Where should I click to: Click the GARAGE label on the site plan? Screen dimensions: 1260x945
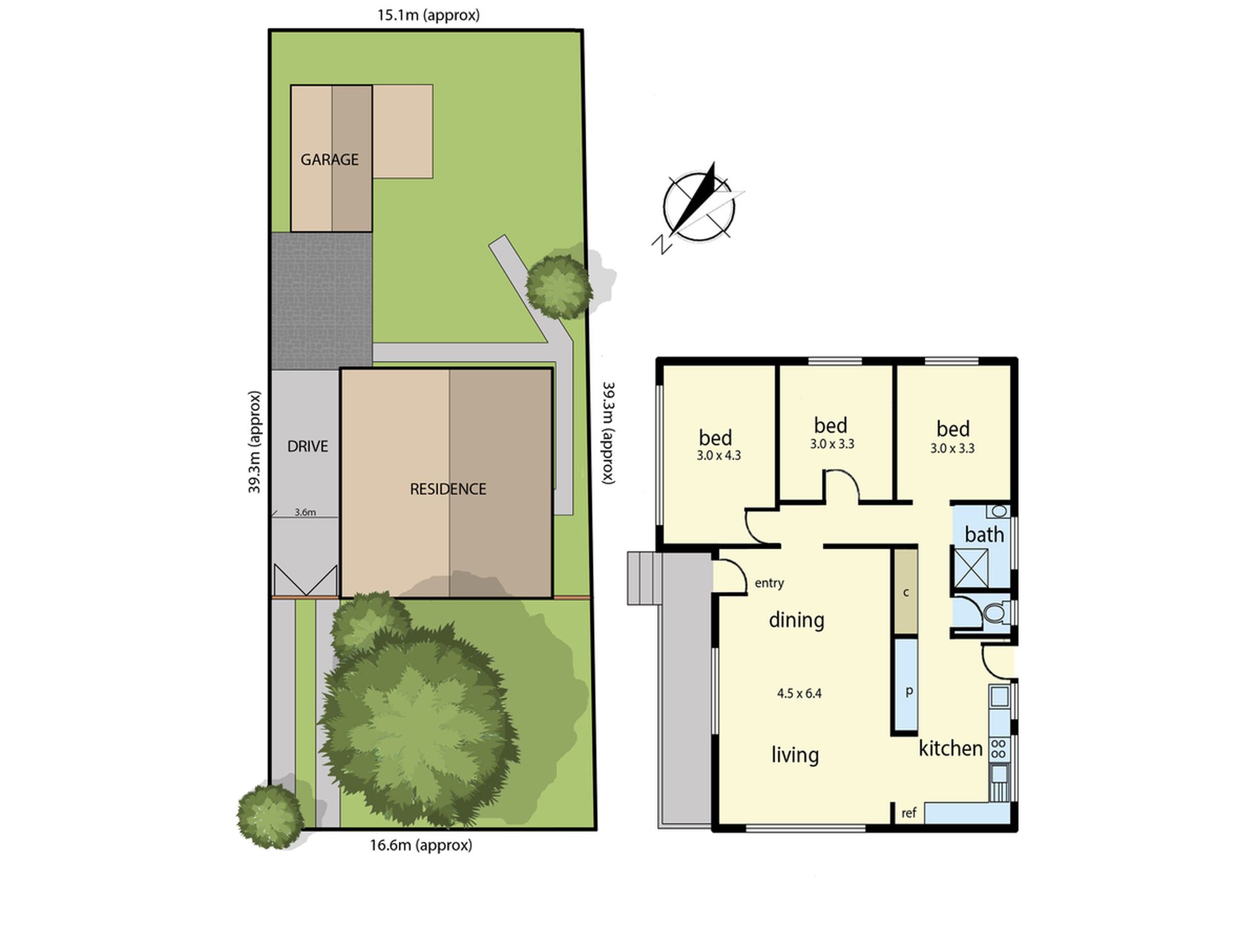pyautogui.click(x=329, y=159)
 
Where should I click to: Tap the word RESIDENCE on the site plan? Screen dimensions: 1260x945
pyautogui.click(x=448, y=489)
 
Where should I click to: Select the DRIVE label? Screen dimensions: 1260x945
pyautogui.click(x=307, y=446)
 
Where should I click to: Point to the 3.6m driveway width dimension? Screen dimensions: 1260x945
pyautogui.click(x=305, y=512)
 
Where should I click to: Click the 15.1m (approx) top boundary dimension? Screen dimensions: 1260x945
pyautogui.click(x=428, y=15)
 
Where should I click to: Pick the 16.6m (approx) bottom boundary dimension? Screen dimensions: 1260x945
pyautogui.click(x=421, y=845)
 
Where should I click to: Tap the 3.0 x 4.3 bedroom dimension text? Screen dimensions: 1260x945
pyautogui.click(x=719, y=455)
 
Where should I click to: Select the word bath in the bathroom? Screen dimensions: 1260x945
pyautogui.click(x=984, y=534)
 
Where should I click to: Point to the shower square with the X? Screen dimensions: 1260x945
pyautogui.click(x=970, y=568)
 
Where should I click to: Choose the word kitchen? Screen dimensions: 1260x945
pyautogui.click(x=951, y=748)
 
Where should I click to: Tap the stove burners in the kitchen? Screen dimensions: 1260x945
pyautogui.click(x=999, y=749)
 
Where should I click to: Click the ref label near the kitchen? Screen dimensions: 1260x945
pyautogui.click(x=908, y=813)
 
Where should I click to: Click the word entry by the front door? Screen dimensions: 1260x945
pyautogui.click(x=769, y=583)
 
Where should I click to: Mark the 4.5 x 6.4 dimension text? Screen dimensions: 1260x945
pyautogui.click(x=799, y=694)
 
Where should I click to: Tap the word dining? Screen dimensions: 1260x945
pyautogui.click(x=796, y=620)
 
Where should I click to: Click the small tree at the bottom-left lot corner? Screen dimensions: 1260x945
pyautogui.click(x=270, y=815)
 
